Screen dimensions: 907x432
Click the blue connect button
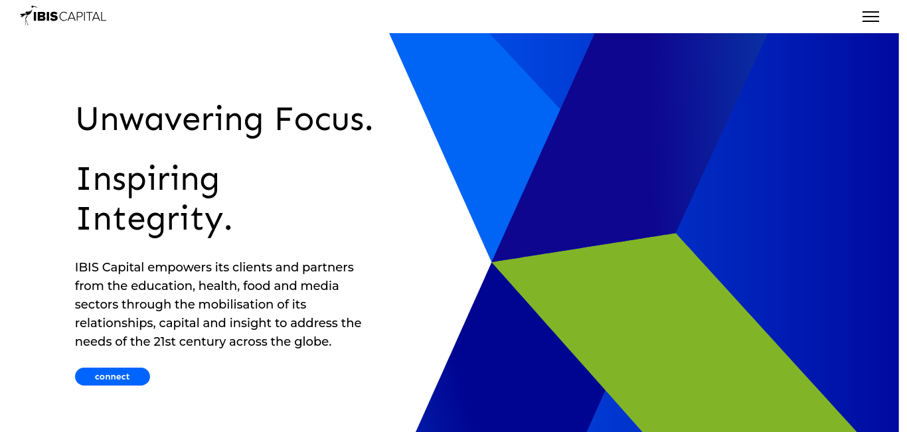coord(112,376)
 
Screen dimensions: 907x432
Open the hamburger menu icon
coord(870,17)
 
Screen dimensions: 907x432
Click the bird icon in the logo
coord(27,15)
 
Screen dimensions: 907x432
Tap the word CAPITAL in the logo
coord(82,17)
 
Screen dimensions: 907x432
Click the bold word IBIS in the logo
coord(45,17)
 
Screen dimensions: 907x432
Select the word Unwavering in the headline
coord(170,120)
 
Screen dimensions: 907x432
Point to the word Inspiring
coord(148,180)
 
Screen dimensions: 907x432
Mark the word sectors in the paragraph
coord(96,305)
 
